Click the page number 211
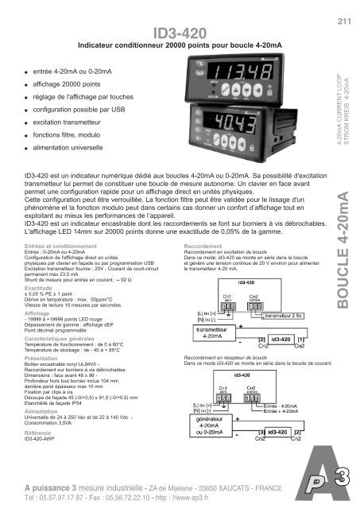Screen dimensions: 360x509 (x=345, y=21)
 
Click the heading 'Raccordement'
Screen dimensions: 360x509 (x=203, y=225)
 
